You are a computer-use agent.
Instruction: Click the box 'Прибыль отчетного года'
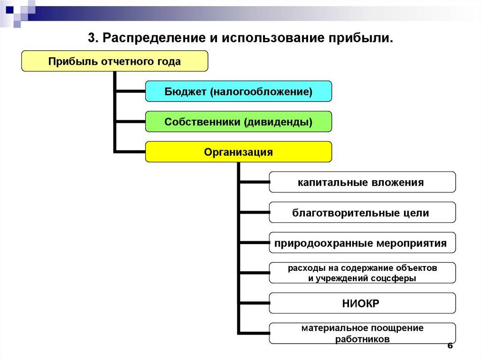[x=115, y=61]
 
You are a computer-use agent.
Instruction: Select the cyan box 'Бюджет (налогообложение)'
[x=238, y=92]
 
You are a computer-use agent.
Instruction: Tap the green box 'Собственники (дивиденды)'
[x=238, y=122]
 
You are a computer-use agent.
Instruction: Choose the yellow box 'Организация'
[x=238, y=152]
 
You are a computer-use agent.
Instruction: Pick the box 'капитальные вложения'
[x=362, y=182]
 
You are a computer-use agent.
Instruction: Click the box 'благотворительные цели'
[x=362, y=212]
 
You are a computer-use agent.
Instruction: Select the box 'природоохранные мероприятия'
[x=362, y=243]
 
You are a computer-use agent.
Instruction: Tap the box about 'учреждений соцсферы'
[x=362, y=273]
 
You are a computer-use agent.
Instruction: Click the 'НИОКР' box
[x=362, y=303]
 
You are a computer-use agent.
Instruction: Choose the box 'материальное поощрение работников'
[x=362, y=333]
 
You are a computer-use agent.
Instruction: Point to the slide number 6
[x=450, y=345]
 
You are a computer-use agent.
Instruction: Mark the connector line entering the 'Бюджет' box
[x=130, y=91]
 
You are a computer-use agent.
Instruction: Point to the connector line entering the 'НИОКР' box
[x=254, y=303]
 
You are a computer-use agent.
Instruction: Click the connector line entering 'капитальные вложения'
[x=254, y=182]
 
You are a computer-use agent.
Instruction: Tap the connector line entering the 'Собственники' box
[x=130, y=122]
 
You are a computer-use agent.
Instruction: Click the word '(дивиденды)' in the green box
[x=278, y=122]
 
